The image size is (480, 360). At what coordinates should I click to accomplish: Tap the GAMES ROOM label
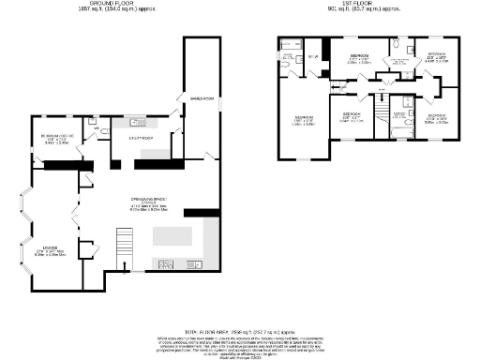[x=198, y=97]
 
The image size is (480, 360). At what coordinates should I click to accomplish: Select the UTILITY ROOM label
[x=141, y=138]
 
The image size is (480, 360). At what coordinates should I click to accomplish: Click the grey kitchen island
[x=173, y=234]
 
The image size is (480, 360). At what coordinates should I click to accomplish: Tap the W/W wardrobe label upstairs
[x=312, y=58]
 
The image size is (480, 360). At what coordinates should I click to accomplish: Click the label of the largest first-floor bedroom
[x=303, y=120]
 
